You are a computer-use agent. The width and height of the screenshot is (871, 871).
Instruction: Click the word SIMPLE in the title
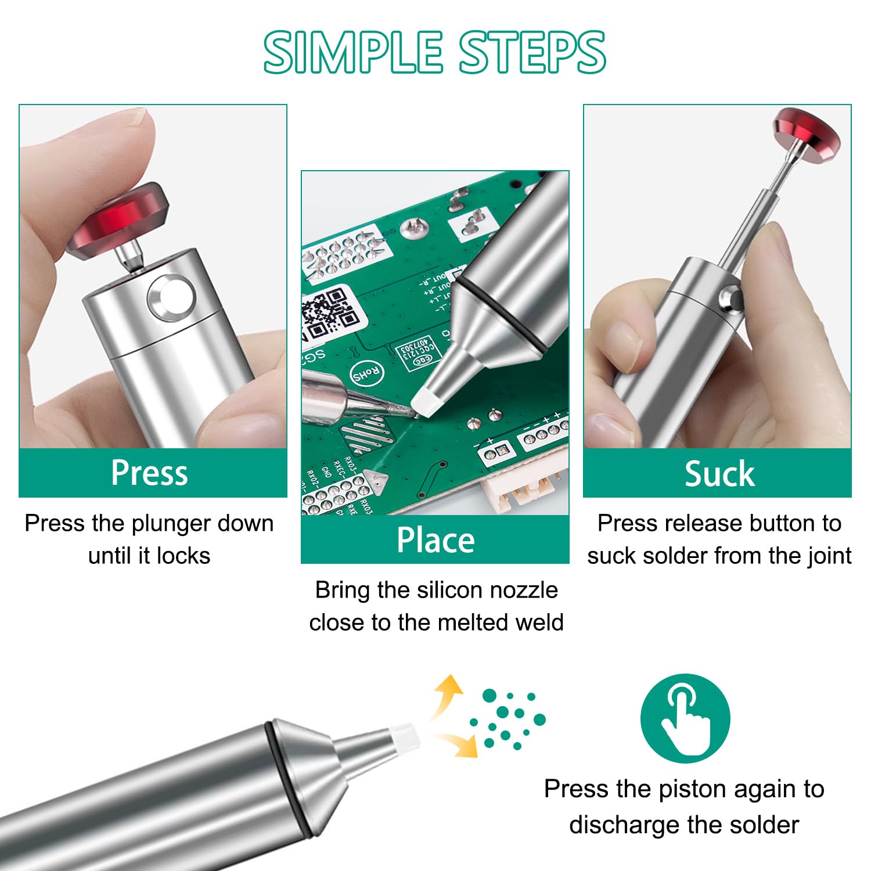[353, 53]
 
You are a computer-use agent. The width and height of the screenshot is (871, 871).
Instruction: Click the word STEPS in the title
[533, 53]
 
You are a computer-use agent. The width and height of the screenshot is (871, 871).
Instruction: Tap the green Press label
[149, 473]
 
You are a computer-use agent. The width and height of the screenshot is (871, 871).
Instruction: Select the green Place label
[435, 539]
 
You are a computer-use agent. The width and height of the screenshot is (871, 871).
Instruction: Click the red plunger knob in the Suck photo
[807, 134]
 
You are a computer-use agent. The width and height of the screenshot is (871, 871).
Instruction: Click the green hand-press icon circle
[685, 718]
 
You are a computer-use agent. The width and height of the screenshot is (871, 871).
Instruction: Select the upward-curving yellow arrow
[445, 694]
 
